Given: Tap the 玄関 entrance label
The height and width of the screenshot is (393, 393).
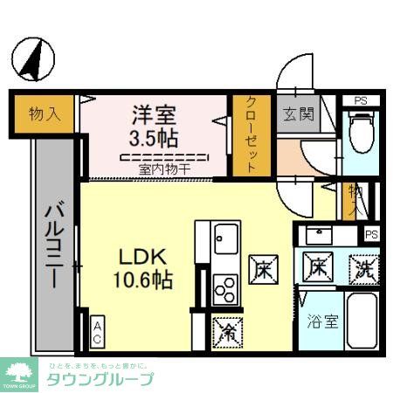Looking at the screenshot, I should (x=293, y=114).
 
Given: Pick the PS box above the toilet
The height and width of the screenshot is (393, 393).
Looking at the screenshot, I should (x=361, y=100).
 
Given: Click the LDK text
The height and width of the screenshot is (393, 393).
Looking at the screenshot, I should (x=140, y=258).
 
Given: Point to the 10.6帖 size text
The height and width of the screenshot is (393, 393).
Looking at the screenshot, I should (x=141, y=280).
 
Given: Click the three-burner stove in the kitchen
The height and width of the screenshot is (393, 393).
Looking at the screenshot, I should (x=225, y=286).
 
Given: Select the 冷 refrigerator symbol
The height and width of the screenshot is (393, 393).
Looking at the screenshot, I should (x=226, y=330).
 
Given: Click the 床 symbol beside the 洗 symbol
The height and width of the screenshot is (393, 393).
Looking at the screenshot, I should (x=318, y=267).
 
